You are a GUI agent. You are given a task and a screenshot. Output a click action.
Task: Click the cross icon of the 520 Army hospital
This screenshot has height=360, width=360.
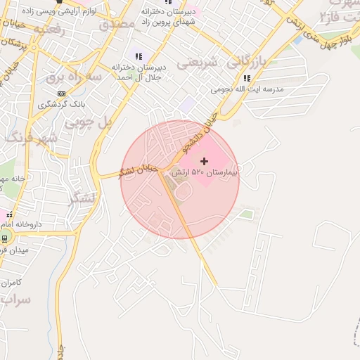205,162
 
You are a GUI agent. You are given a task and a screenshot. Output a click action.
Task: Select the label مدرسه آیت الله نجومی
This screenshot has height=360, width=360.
246,90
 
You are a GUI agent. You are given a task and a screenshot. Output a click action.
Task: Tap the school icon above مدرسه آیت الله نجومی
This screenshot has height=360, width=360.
246,79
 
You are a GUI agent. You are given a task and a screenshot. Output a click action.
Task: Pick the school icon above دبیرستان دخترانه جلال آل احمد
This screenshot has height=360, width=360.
139,56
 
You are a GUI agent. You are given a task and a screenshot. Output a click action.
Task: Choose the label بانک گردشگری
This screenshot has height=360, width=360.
56,105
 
